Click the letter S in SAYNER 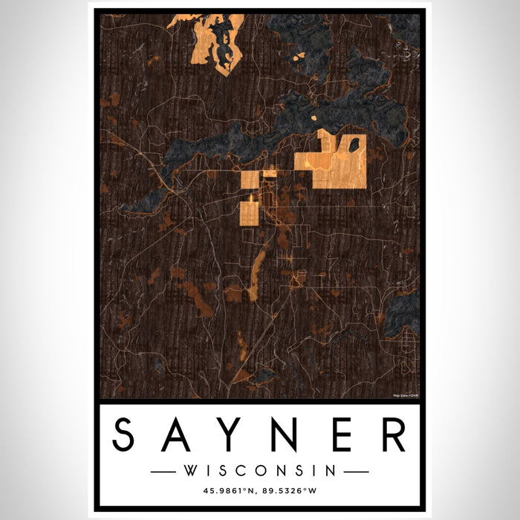[x=129, y=436]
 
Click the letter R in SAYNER [x=392, y=436]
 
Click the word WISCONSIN [x=259, y=470]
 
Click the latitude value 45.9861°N [x=224, y=490]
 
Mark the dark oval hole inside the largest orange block [x=355, y=144]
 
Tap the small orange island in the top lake [x=299, y=56]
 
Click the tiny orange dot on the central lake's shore [x=313, y=117]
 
